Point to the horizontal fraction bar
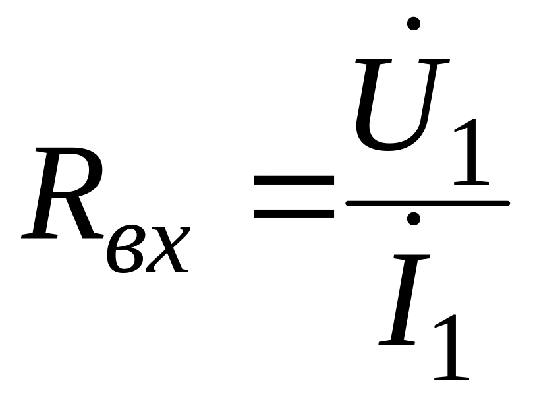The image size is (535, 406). [x=427, y=202]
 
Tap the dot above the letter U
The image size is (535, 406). [x=414, y=23]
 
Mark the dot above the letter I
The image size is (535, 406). [x=414, y=218]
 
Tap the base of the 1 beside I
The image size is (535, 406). [x=451, y=377]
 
